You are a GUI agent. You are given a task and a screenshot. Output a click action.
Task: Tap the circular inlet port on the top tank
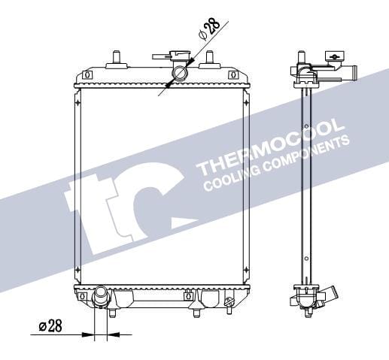tap(181, 74)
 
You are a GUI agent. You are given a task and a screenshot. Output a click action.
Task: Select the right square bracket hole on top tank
tap(240, 75)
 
